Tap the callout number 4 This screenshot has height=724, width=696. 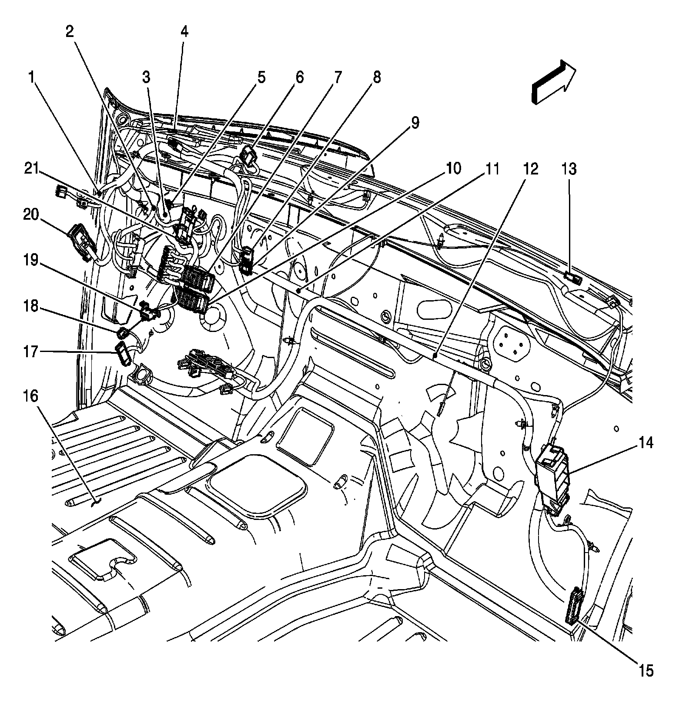(184, 31)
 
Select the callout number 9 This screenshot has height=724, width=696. (415, 123)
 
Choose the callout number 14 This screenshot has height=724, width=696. (646, 443)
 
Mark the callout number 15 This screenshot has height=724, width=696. (646, 670)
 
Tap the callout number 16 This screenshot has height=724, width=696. (31, 396)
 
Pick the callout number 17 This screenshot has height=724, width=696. (31, 352)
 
